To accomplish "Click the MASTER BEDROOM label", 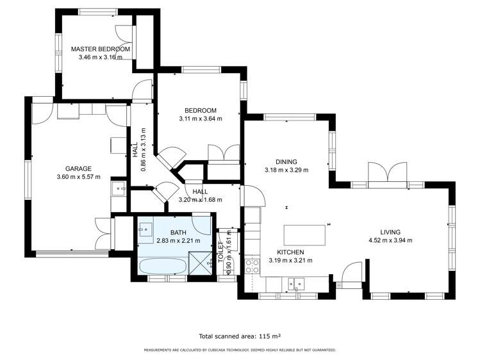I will click(101, 49).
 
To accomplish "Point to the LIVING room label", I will click(390, 232).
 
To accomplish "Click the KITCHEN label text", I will click(290, 252).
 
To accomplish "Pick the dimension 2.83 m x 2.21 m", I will click(178, 241).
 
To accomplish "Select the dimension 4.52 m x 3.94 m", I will click(390, 240).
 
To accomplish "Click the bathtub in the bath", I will click(161, 266).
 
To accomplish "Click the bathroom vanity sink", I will click(144, 227).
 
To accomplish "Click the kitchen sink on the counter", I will click(296, 282).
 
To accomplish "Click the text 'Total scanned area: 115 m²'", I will click(240, 336).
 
